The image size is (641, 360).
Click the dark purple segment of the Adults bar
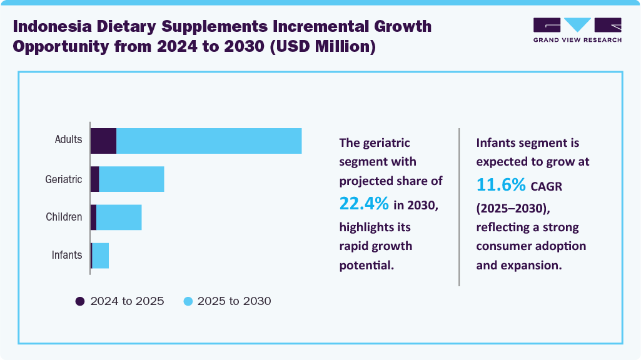tap(103, 141)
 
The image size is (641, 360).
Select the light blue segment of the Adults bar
tap(209, 141)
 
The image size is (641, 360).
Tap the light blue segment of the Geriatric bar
tap(131, 179)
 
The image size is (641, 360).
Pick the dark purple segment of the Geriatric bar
tap(95, 179)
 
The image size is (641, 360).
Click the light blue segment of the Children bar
tap(119, 217)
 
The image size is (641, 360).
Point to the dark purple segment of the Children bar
tap(93, 217)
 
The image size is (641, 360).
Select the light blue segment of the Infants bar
tap(101, 256)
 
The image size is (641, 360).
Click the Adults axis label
tap(68, 139)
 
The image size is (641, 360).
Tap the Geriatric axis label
tap(64, 179)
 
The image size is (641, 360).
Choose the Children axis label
tap(64, 217)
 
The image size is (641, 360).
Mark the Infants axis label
tap(67, 255)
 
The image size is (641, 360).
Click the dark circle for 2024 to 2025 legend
tap(80, 301)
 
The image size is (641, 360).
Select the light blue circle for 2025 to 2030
tap(188, 301)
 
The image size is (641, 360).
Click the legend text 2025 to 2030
tap(234, 301)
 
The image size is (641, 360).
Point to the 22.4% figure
tap(364, 203)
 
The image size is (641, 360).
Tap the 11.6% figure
tap(501, 184)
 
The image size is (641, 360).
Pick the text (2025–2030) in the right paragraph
tap(512, 207)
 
